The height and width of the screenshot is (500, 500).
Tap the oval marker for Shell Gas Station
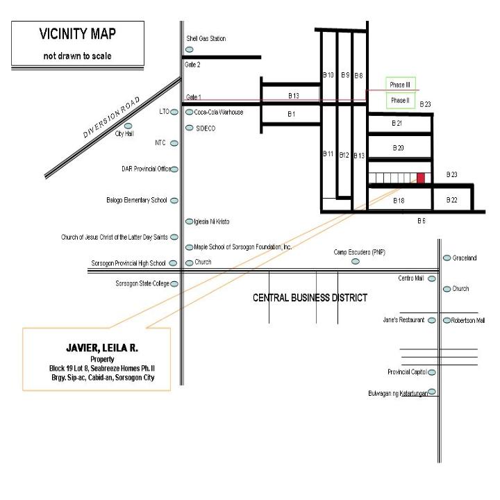point(190,49)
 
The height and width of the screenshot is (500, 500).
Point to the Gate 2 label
point(193,64)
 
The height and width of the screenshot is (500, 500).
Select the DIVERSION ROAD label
point(112,118)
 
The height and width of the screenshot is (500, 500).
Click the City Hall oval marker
point(128,126)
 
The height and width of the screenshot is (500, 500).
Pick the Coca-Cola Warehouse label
point(219,112)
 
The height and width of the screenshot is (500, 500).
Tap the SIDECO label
point(205,128)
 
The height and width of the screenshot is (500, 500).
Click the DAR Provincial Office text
point(146,169)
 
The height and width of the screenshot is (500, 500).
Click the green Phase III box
point(401,85)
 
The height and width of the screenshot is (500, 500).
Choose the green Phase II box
point(401,101)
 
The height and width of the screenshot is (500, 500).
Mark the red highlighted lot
point(421,178)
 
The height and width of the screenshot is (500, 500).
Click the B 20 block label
point(398,148)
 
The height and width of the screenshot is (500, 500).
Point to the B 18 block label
point(399,200)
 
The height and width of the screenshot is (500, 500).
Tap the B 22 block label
point(451,200)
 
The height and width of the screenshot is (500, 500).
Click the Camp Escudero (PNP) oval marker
point(356,262)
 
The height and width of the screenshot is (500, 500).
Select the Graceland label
point(465,258)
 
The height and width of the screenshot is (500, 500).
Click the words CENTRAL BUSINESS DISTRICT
point(310,297)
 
